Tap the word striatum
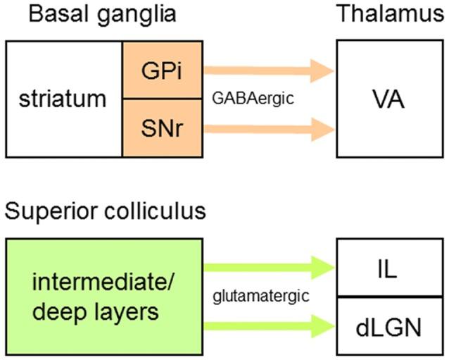tap(64, 99)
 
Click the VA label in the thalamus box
tap(389, 99)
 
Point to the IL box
tap(389, 267)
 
